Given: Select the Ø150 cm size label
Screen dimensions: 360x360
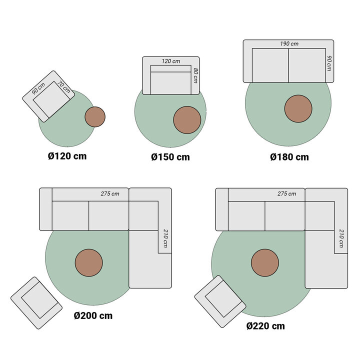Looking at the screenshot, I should [x=170, y=157].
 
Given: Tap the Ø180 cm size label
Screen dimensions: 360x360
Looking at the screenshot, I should [x=289, y=157].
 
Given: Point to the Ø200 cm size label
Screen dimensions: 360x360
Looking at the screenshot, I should [x=93, y=315].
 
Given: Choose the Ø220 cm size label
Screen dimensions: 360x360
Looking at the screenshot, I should [x=265, y=326].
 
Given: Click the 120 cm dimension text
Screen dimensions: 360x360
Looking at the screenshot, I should [x=170, y=61].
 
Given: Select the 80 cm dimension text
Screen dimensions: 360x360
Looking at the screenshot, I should [x=195, y=75].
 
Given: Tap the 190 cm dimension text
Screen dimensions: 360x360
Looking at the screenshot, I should [x=289, y=44].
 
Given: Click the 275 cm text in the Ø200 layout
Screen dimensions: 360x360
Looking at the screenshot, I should [x=110, y=193].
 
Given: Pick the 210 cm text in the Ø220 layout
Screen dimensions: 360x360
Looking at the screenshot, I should [x=341, y=238].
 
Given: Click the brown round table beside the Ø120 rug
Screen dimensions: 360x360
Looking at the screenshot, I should [x=94, y=116].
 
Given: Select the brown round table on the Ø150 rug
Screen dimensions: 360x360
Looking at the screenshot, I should [x=187, y=120].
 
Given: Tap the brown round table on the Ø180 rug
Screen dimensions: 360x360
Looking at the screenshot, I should [x=298, y=108].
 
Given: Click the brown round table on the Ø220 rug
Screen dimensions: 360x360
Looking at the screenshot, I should [x=265, y=263].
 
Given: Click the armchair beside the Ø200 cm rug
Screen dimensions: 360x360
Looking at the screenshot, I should [x=36, y=302].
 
